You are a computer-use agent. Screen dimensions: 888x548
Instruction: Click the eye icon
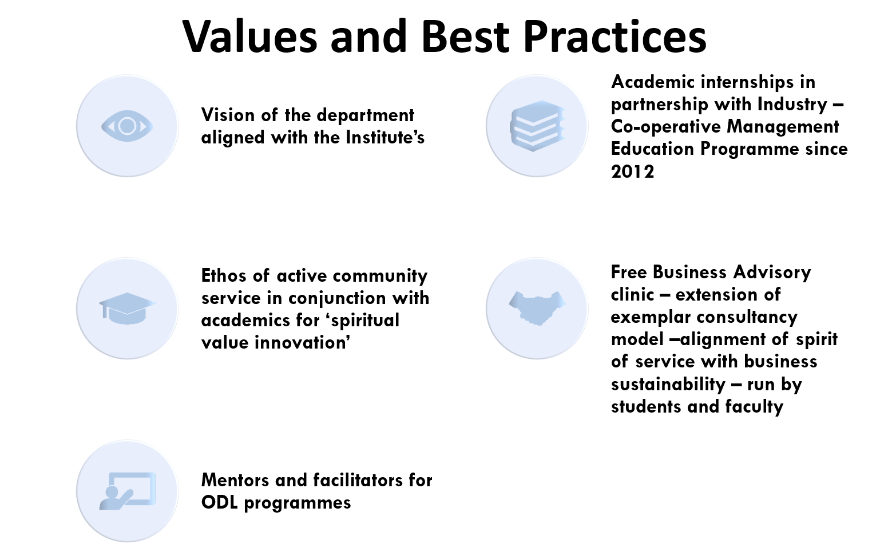point(127,126)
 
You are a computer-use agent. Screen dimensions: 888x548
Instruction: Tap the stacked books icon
point(537,126)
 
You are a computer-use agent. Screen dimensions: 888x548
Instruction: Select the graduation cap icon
point(127,309)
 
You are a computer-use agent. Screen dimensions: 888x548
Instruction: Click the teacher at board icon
point(127,491)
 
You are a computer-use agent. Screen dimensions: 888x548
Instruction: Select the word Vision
point(228,115)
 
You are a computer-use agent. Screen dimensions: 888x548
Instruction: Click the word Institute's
point(385,137)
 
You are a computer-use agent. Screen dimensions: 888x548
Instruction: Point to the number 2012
point(632,171)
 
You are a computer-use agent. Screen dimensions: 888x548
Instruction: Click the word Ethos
point(224,275)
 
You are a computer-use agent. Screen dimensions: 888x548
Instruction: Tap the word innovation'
point(303,342)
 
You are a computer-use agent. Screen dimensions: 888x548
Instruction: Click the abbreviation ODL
point(220,502)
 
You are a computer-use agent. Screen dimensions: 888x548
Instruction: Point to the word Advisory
point(772,273)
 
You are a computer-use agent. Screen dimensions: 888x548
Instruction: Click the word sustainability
point(668,385)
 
